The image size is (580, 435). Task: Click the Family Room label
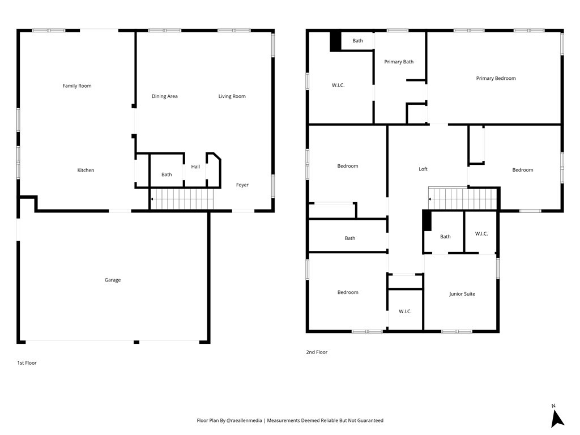pos(77,86)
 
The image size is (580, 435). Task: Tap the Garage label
pos(113,280)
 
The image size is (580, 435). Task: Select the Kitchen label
pos(86,170)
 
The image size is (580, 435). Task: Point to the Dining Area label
pos(165,96)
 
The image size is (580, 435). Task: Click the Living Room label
pos(232,96)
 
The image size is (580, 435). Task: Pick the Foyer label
pos(242,185)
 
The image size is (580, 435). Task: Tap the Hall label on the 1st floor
pos(195,167)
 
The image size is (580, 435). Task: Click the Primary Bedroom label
pos(496,78)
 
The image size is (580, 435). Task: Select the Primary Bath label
pos(399,62)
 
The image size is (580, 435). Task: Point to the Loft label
pos(423,169)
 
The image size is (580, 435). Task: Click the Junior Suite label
pos(462,294)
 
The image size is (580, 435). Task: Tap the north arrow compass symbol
pos(557,418)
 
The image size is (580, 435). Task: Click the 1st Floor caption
pos(27,363)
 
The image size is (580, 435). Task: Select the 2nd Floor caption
pos(317,352)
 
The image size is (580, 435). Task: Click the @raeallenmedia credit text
pos(244,421)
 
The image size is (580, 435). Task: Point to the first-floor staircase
pos(182,199)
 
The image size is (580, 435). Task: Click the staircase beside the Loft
pos(462,199)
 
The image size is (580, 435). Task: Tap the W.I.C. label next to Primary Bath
pos(338,86)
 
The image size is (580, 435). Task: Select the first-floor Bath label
pos(167,174)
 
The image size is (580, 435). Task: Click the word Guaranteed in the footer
pos(370,421)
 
